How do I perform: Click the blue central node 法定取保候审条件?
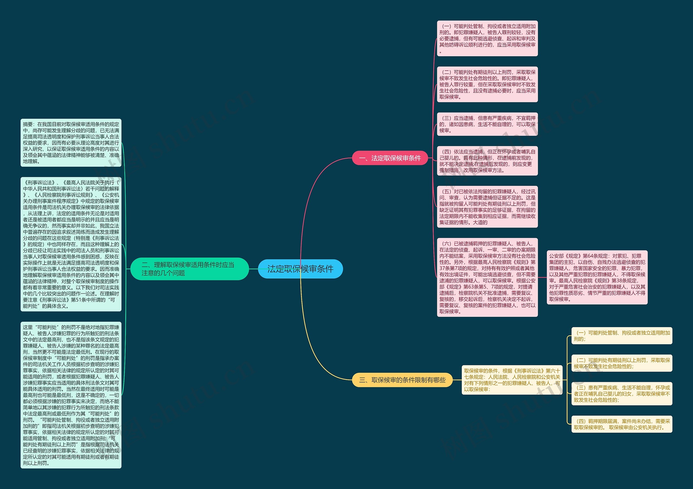300,269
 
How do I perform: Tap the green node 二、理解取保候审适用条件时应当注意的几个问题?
189,269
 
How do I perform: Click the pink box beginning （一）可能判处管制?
487,38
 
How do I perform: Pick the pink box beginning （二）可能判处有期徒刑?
487,84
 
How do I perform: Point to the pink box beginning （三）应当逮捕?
487,124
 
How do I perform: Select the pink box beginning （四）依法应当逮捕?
487,161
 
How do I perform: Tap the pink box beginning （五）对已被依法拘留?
487,207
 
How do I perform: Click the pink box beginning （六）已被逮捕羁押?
487,277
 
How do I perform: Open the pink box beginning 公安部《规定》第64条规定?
597,277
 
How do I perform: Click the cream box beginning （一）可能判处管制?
622,336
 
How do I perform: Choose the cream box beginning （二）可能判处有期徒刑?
622,363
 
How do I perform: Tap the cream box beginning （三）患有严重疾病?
622,394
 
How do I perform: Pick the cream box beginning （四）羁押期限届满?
622,424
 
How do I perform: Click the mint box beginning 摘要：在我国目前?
71,143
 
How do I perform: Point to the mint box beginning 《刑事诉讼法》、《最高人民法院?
71,244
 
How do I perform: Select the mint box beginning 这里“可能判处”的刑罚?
71,395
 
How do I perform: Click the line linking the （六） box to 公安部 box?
542,277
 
